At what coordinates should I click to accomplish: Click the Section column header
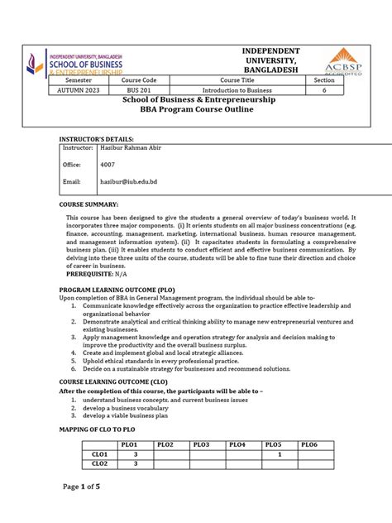click(318, 79)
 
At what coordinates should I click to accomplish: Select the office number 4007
click(108, 165)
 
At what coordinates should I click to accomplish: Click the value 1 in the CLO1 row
click(280, 454)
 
